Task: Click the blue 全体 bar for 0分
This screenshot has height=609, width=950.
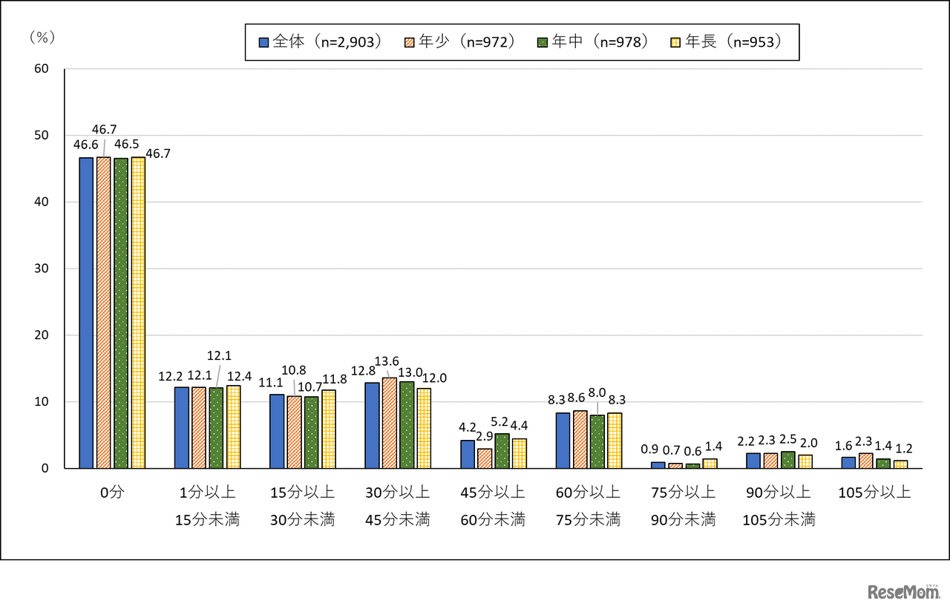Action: point(86,312)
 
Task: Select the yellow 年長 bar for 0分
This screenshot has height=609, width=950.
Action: point(138,312)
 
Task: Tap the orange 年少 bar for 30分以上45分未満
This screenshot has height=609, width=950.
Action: point(389,423)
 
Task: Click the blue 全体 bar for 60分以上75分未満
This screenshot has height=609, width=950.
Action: point(563,441)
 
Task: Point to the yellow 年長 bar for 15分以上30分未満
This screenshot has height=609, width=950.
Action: point(329,429)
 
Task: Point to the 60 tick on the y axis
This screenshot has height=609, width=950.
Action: point(42,69)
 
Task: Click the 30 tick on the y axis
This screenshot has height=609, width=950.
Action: point(42,269)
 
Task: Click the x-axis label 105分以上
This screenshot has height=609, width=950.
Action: point(874,493)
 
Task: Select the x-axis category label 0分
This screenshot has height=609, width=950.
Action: point(112,493)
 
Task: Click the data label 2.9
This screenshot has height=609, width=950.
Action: point(485,435)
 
